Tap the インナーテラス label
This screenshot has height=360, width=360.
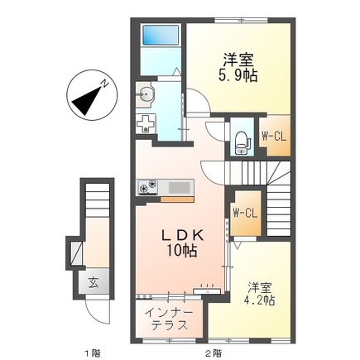(x=169, y=319)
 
